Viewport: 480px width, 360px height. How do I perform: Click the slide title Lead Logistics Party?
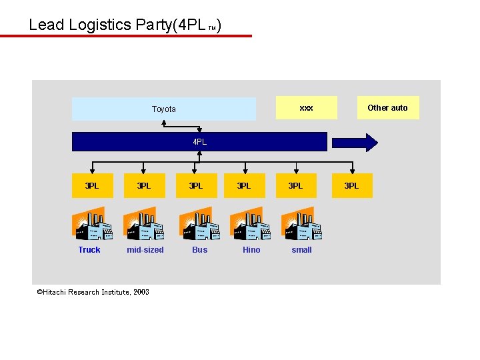click(125, 25)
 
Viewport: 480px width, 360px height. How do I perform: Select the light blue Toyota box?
click(163, 109)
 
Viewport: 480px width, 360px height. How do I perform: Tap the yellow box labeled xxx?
click(306, 107)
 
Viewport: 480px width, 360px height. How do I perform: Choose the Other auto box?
click(387, 107)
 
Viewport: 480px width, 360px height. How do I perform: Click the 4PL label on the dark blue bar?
click(199, 142)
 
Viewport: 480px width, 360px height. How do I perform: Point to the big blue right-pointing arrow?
click(355, 142)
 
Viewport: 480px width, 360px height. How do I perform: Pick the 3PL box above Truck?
click(91, 186)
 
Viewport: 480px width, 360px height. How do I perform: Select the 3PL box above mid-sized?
click(143, 186)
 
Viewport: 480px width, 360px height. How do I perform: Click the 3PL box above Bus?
click(195, 186)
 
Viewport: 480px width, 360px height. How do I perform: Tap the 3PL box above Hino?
click(244, 186)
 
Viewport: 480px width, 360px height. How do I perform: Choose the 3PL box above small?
click(295, 186)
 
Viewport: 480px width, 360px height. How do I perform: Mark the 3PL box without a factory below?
click(351, 186)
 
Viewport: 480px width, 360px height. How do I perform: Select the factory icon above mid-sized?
click(143, 224)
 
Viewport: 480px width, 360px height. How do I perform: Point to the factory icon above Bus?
click(199, 224)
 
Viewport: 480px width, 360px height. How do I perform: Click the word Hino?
click(251, 250)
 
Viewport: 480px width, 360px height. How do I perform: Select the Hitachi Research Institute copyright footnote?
click(93, 292)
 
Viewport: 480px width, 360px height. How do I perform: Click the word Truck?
click(89, 250)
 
